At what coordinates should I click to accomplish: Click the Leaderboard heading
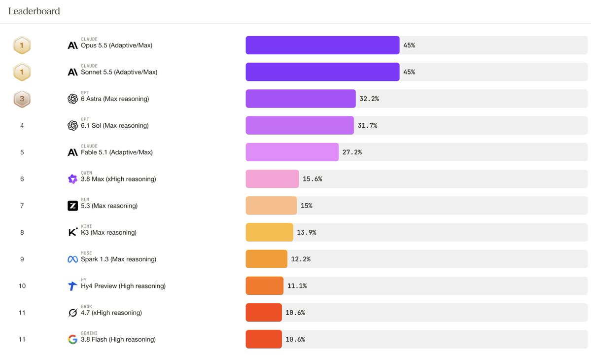pos(34,11)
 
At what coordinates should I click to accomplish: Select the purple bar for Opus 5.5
pos(322,45)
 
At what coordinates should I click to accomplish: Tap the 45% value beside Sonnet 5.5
pos(409,72)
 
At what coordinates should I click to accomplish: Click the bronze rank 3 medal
pos(22,99)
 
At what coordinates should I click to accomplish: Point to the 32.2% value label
pos(369,99)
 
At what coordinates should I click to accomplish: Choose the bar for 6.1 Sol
pos(300,126)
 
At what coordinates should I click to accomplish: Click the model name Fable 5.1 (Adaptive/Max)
pos(117,152)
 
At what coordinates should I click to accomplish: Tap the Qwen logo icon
pos(72,179)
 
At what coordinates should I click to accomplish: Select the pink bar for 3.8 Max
pos(272,179)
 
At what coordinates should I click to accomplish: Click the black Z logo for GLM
pos(72,206)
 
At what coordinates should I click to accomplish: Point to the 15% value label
pos(307,206)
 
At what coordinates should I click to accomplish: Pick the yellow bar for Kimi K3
pos(269,233)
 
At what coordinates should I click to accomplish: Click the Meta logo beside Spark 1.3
pos(72,259)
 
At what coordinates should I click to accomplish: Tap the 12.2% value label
pos(301,259)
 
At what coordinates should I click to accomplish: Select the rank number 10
pos(22,286)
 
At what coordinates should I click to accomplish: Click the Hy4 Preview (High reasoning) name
pos(123,286)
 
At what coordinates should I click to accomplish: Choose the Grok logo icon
pos(72,313)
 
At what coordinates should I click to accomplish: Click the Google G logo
pos(72,340)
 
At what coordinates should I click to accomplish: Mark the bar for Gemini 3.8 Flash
pos(264,340)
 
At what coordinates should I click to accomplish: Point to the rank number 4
pos(22,126)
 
